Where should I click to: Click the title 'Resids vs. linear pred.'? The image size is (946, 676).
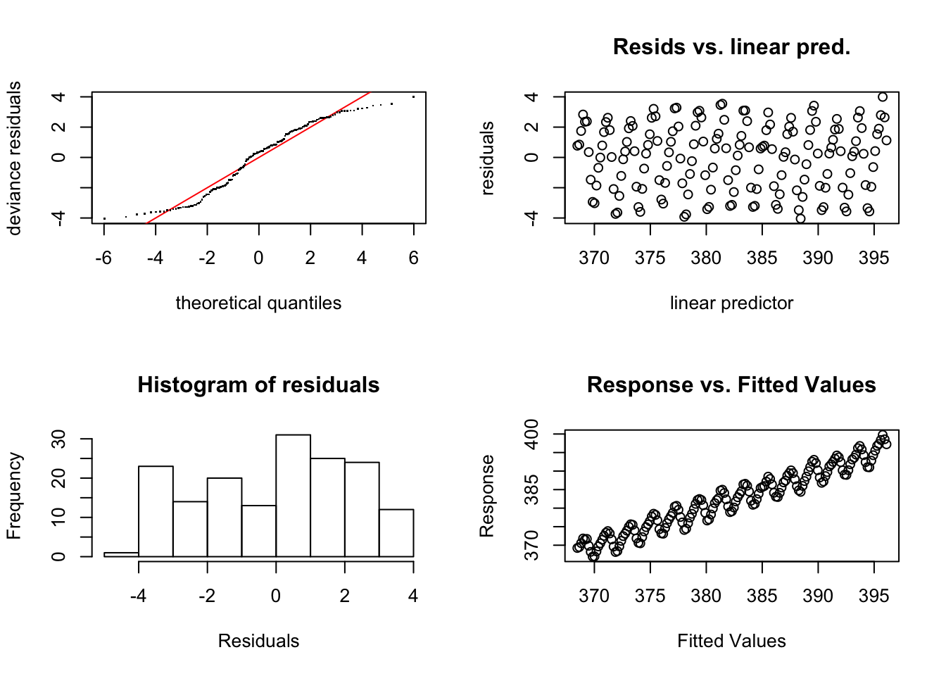tap(731, 46)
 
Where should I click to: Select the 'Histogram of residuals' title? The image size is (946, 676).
tap(258, 384)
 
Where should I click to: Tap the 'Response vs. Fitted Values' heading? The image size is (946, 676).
tap(731, 384)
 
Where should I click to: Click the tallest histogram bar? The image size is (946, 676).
tap(293, 496)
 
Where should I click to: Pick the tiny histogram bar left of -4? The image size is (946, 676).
tap(121, 554)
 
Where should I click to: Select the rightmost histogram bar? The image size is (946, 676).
tap(396, 533)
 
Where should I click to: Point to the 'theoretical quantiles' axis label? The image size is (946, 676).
tap(258, 303)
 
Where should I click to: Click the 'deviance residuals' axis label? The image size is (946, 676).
tap(14, 158)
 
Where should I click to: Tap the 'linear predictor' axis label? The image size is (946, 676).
tap(731, 303)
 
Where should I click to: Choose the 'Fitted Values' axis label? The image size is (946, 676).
tap(731, 641)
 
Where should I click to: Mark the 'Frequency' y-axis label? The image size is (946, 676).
tap(14, 496)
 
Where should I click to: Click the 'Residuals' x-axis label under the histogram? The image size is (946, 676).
tap(258, 641)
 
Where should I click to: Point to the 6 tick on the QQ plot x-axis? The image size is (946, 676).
tap(414, 258)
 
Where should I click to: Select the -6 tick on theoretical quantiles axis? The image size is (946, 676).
tap(103, 258)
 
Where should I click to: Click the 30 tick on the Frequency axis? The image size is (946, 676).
tap(59, 439)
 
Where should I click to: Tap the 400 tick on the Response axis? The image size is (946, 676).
tap(532, 434)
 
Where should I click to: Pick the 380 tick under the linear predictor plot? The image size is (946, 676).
tap(706, 258)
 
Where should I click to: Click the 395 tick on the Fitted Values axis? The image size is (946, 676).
tap(874, 596)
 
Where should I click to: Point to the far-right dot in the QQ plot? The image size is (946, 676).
tap(414, 96)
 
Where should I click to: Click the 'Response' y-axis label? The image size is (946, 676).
tap(487, 496)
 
